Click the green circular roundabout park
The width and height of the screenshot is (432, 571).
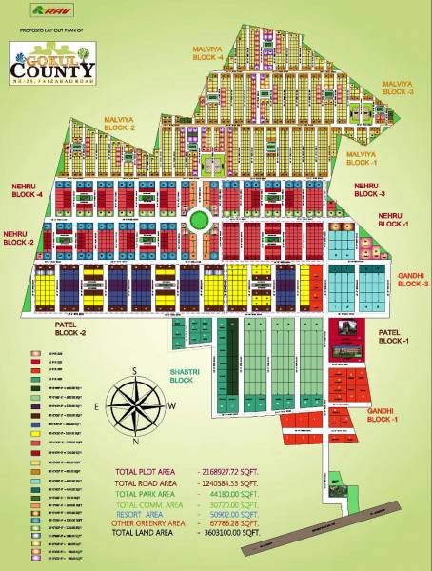198,220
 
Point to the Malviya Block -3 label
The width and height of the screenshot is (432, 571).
398,87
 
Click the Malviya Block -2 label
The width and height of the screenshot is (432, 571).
120,123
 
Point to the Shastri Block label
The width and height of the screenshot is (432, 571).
181,377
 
